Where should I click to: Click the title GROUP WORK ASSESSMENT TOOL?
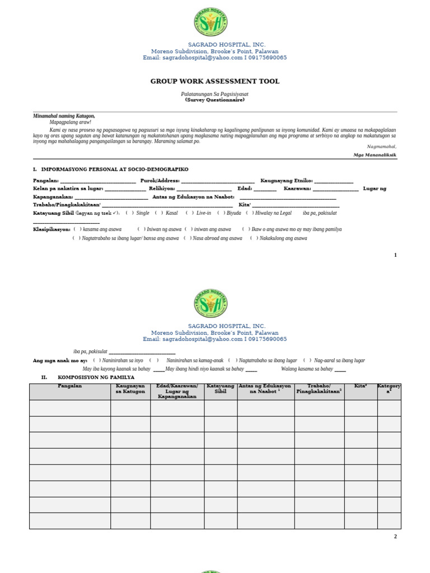point(214,82)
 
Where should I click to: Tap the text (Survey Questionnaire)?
point(214,100)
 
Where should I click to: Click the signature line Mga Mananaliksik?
point(375,154)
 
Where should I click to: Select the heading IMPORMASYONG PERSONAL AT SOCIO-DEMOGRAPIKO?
point(115,169)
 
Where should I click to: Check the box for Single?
point(129,213)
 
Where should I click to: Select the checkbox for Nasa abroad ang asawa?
point(188,238)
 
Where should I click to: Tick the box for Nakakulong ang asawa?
point(254,238)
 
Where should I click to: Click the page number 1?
point(395,255)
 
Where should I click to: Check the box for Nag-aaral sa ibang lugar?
point(307,361)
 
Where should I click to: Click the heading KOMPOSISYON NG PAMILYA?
point(96,378)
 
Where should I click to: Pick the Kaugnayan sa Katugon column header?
point(130,389)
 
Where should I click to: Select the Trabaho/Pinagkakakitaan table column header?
point(319,389)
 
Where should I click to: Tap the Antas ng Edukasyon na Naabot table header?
point(265,389)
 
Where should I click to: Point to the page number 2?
point(395,537)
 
